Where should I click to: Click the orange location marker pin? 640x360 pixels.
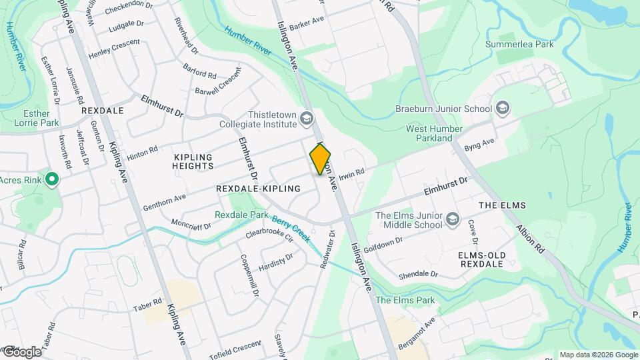[x=321, y=160]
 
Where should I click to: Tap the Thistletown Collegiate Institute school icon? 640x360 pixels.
[x=307, y=119]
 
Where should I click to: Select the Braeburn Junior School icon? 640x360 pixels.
[x=502, y=109]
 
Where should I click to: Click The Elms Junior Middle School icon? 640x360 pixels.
[x=453, y=219]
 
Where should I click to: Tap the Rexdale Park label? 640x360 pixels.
[x=241, y=215]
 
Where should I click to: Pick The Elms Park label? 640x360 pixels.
[x=405, y=300]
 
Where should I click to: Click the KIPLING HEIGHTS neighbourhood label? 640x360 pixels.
[x=193, y=161]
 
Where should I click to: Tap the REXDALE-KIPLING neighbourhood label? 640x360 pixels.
[x=259, y=189]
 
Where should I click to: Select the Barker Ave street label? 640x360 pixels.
[x=307, y=21]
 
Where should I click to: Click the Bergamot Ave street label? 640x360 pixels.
[x=417, y=331]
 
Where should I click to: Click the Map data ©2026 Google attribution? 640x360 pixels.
[x=598, y=355]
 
